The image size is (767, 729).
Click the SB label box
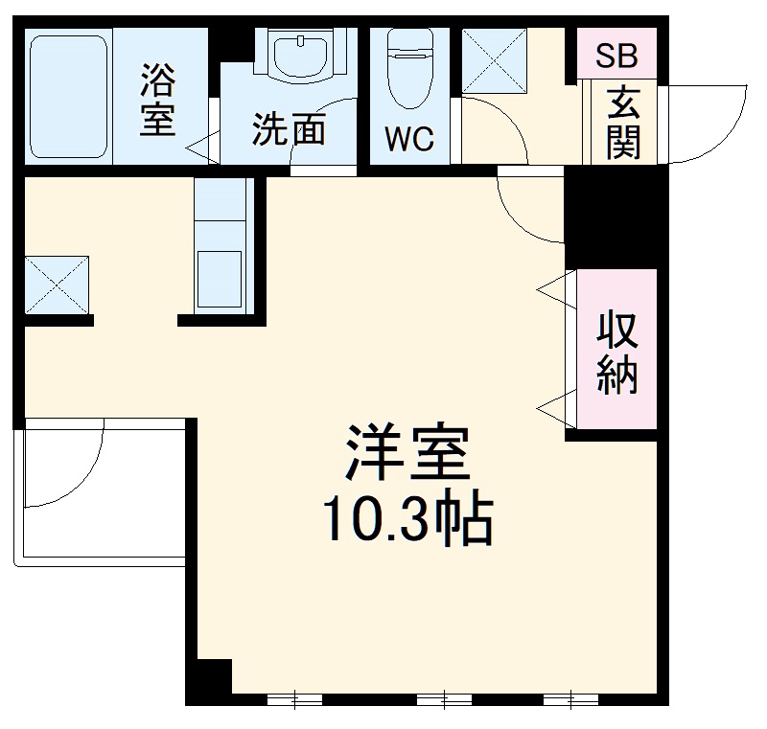click(616, 56)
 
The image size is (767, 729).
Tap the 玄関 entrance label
click(622, 123)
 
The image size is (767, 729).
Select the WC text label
click(409, 140)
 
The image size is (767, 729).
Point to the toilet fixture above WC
click(408, 71)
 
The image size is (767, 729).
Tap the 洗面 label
click(289, 130)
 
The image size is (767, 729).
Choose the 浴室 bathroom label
click(158, 99)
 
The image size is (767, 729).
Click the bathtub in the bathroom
click(66, 96)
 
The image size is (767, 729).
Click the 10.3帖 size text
click(407, 518)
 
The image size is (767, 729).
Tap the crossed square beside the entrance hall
click(496, 61)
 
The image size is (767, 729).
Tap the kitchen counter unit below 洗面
click(221, 243)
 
